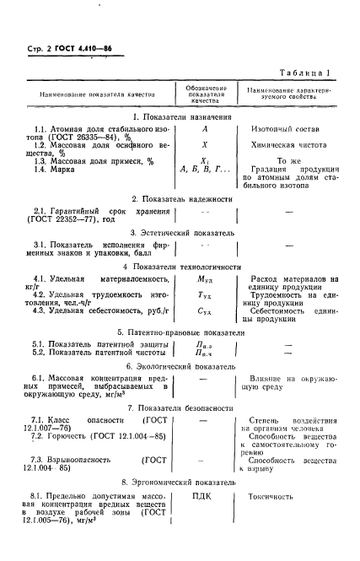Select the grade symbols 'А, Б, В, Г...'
point(206,170)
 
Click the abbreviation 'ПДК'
point(205,497)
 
